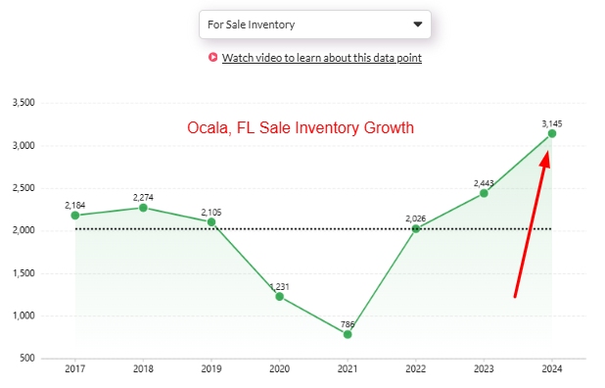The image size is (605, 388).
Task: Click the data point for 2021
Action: [348, 334]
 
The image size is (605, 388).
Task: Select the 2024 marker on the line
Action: [551, 133]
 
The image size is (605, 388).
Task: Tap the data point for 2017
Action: [75, 215]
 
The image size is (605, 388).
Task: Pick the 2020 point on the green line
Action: [279, 296]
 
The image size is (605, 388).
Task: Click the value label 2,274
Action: [143, 196]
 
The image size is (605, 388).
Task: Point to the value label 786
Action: [348, 322]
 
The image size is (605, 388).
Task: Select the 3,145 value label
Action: [551, 122]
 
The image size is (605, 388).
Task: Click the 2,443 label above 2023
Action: [484, 182]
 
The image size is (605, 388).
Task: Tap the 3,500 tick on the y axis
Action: [23, 103]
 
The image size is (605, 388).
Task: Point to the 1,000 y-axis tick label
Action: [23, 315]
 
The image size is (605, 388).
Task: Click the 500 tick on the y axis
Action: [26, 358]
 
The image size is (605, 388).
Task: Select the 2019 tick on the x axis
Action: [211, 369]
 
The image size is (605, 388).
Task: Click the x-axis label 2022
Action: [415, 369]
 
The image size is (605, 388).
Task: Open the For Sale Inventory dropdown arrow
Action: [418, 24]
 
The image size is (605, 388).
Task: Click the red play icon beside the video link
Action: [212, 58]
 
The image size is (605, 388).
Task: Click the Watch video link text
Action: [322, 58]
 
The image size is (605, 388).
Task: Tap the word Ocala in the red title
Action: [207, 128]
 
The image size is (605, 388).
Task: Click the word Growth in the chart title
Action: [388, 128]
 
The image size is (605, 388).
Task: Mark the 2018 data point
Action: [143, 207]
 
